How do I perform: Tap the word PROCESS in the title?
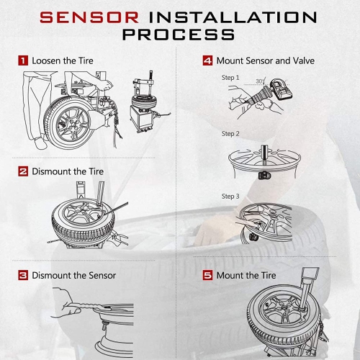(179, 34)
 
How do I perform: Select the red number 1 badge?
(23, 60)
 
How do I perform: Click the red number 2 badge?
(23, 171)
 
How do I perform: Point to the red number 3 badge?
(23, 275)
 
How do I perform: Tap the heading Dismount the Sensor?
(74, 275)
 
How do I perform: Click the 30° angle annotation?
(259, 81)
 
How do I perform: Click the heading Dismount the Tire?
(68, 171)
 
